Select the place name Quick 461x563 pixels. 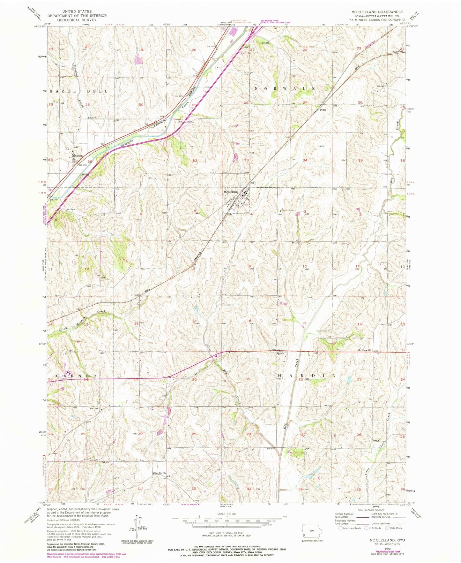tap(280, 353)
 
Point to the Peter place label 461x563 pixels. tap(323, 110)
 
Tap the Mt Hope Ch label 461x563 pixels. tap(365, 350)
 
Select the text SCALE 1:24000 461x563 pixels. tap(227, 515)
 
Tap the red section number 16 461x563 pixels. tap(249, 321)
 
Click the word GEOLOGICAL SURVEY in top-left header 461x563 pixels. tap(77, 20)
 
